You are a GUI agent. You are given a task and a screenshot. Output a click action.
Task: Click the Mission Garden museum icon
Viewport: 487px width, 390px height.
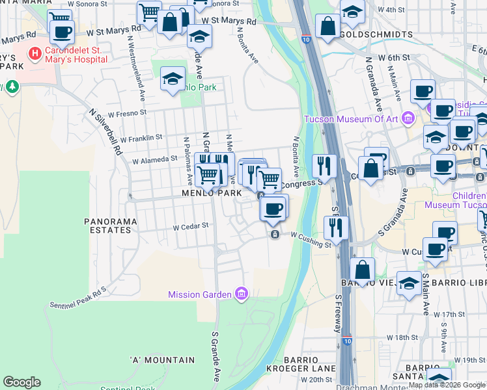242,294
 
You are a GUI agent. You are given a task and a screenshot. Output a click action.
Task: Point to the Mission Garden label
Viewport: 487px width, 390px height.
200,294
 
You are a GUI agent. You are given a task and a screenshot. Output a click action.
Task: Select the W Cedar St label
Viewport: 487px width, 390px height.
190,226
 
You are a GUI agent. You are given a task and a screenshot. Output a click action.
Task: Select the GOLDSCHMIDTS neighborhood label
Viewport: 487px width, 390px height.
376,34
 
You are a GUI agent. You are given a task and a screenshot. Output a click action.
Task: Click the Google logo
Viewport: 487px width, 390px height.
21,382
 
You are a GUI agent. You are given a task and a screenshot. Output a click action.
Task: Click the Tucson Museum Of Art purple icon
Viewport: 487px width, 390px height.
408,118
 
